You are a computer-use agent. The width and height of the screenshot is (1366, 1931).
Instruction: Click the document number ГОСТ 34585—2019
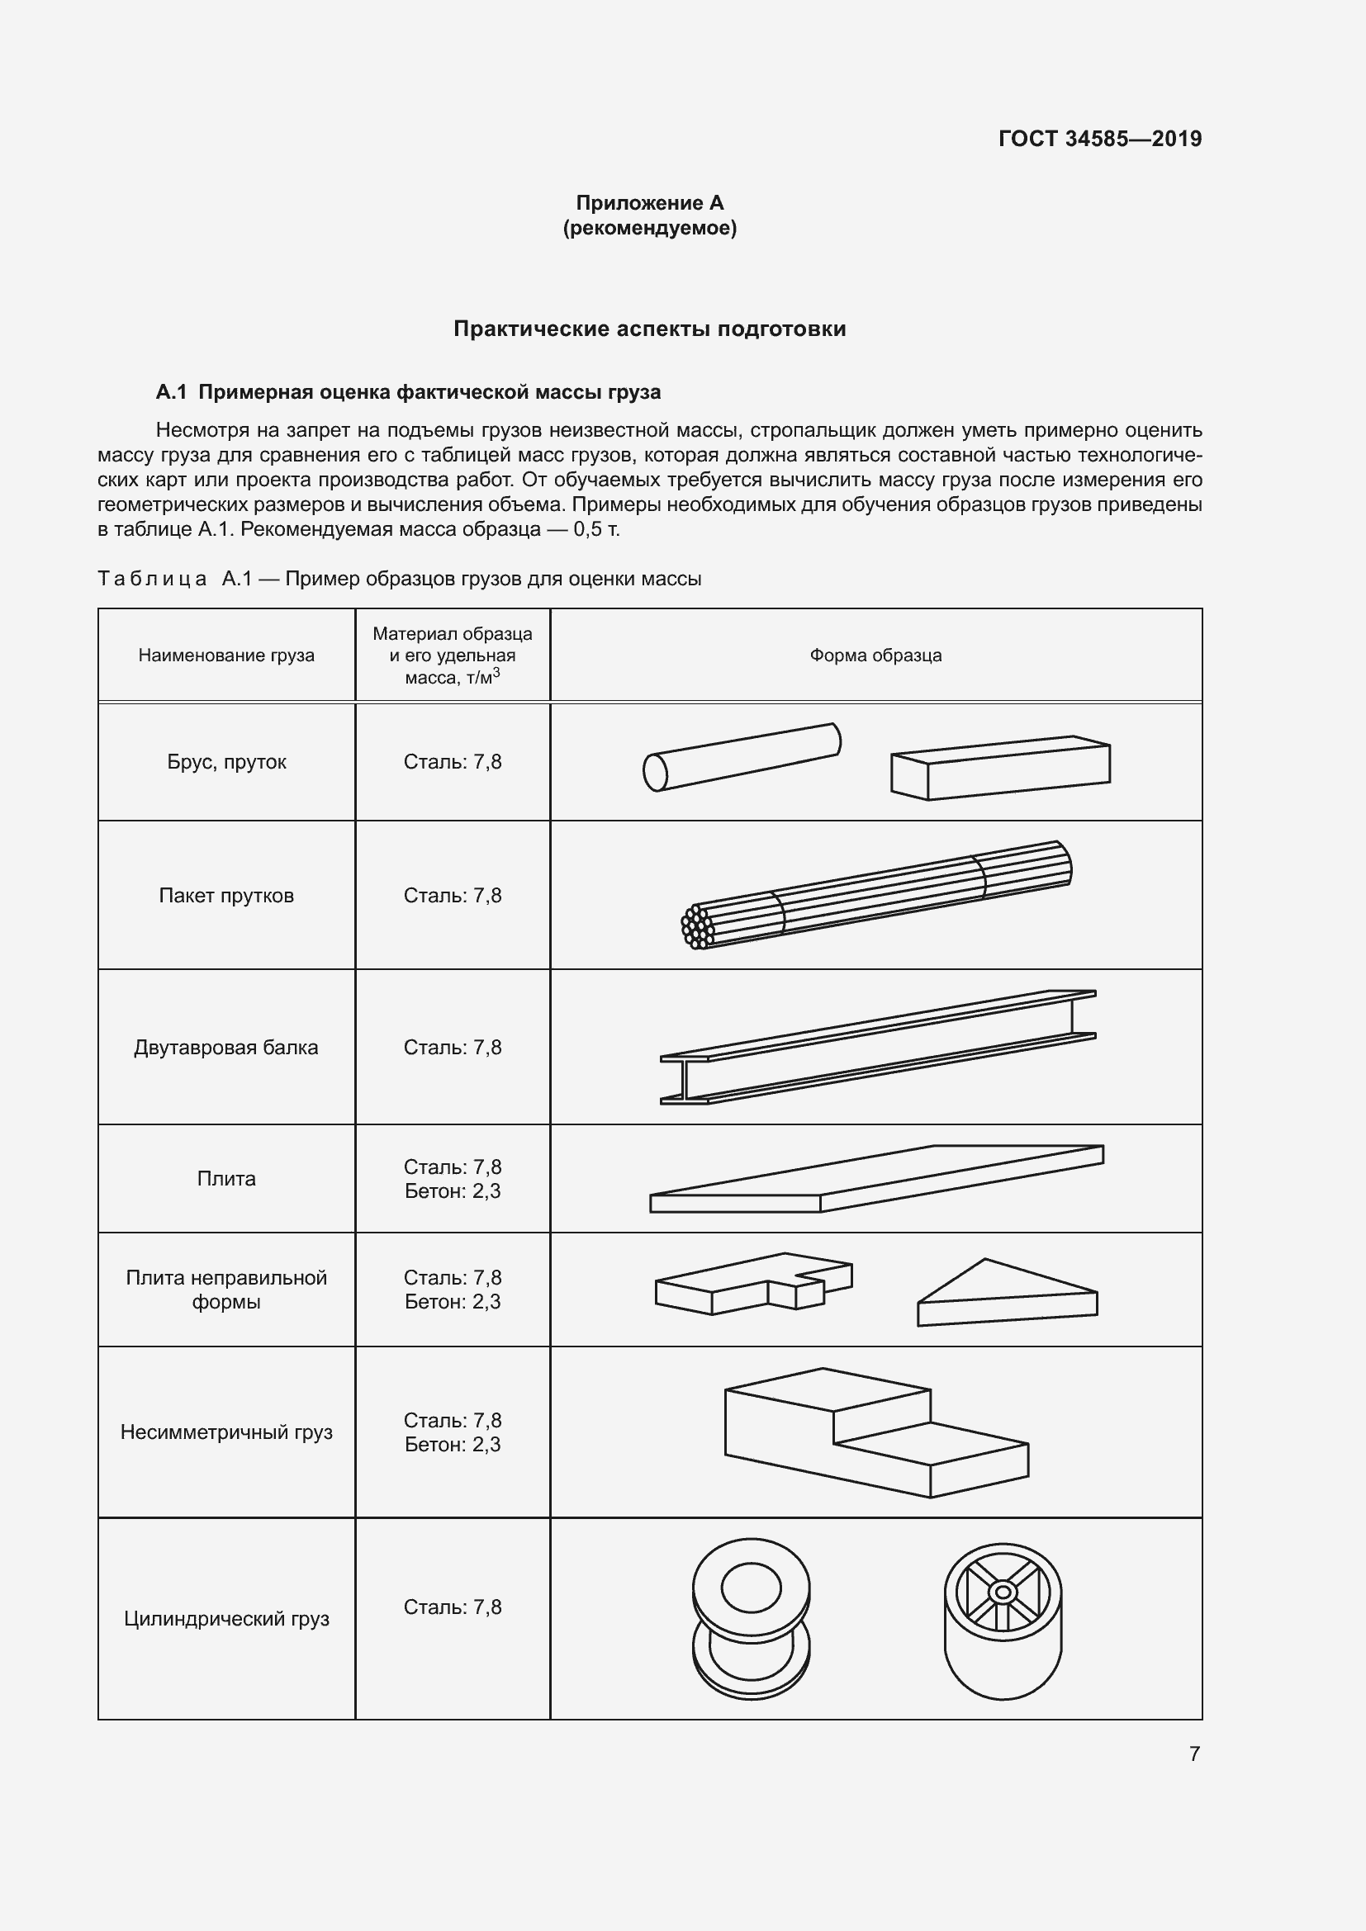coord(1099,139)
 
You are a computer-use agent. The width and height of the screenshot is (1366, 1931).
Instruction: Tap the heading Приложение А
coord(649,203)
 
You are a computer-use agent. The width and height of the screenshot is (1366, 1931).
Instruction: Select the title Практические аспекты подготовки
coord(649,329)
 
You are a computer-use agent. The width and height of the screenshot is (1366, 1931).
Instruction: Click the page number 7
coord(1194,1754)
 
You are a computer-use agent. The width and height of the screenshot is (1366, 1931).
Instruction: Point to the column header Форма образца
coord(875,655)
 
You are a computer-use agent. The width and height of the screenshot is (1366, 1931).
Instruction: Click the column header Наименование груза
coord(226,655)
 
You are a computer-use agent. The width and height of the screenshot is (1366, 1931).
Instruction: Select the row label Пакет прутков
coord(226,896)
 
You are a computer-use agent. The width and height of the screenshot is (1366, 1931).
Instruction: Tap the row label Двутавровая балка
coord(226,1047)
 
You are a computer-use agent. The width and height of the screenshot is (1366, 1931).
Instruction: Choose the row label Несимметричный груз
coord(226,1432)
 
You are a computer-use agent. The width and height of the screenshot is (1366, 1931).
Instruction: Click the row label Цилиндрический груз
coord(226,1619)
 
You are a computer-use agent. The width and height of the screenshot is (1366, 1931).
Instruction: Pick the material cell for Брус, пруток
coord(453,762)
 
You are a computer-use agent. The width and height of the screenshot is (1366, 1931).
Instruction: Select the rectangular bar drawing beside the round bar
coord(1001,767)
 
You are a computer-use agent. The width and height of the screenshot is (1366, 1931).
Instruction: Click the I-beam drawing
coord(877,1047)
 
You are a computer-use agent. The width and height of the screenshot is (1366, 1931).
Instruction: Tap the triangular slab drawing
coord(1005,1295)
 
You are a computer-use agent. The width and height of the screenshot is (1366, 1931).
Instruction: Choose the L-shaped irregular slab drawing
coord(753,1285)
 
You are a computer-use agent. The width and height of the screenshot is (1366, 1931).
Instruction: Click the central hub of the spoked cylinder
coord(1002,1592)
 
